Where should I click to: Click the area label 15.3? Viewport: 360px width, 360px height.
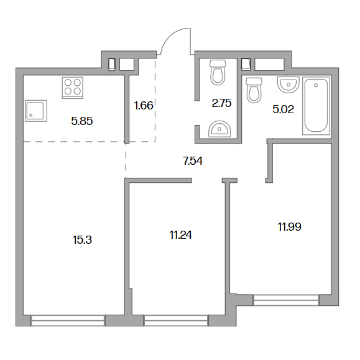coord(82,240)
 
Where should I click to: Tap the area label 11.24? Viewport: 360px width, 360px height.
coord(181,235)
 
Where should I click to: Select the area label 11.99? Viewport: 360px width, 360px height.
coord(290,227)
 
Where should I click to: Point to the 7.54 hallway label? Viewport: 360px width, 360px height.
coord(193,161)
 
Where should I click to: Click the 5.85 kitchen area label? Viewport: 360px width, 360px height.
coord(82,121)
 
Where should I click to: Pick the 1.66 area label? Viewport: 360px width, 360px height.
coord(144,106)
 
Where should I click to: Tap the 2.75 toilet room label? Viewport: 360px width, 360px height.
coord(221,103)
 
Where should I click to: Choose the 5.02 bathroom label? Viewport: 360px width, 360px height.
coord(284,109)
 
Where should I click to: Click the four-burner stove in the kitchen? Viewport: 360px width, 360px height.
coord(73,88)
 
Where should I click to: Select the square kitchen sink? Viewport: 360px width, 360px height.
coord(36,111)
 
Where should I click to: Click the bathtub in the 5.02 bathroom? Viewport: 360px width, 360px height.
coord(316,106)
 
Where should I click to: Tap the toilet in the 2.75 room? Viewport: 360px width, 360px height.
coord(218,72)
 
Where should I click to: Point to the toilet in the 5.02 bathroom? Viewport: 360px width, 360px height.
coord(254,90)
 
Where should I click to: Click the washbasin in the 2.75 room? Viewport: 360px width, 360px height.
coord(219,129)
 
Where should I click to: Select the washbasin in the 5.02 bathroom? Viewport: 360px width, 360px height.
coord(288,85)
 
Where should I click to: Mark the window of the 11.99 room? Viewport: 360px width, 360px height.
coord(286,300)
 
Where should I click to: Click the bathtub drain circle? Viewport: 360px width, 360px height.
coord(316,85)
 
